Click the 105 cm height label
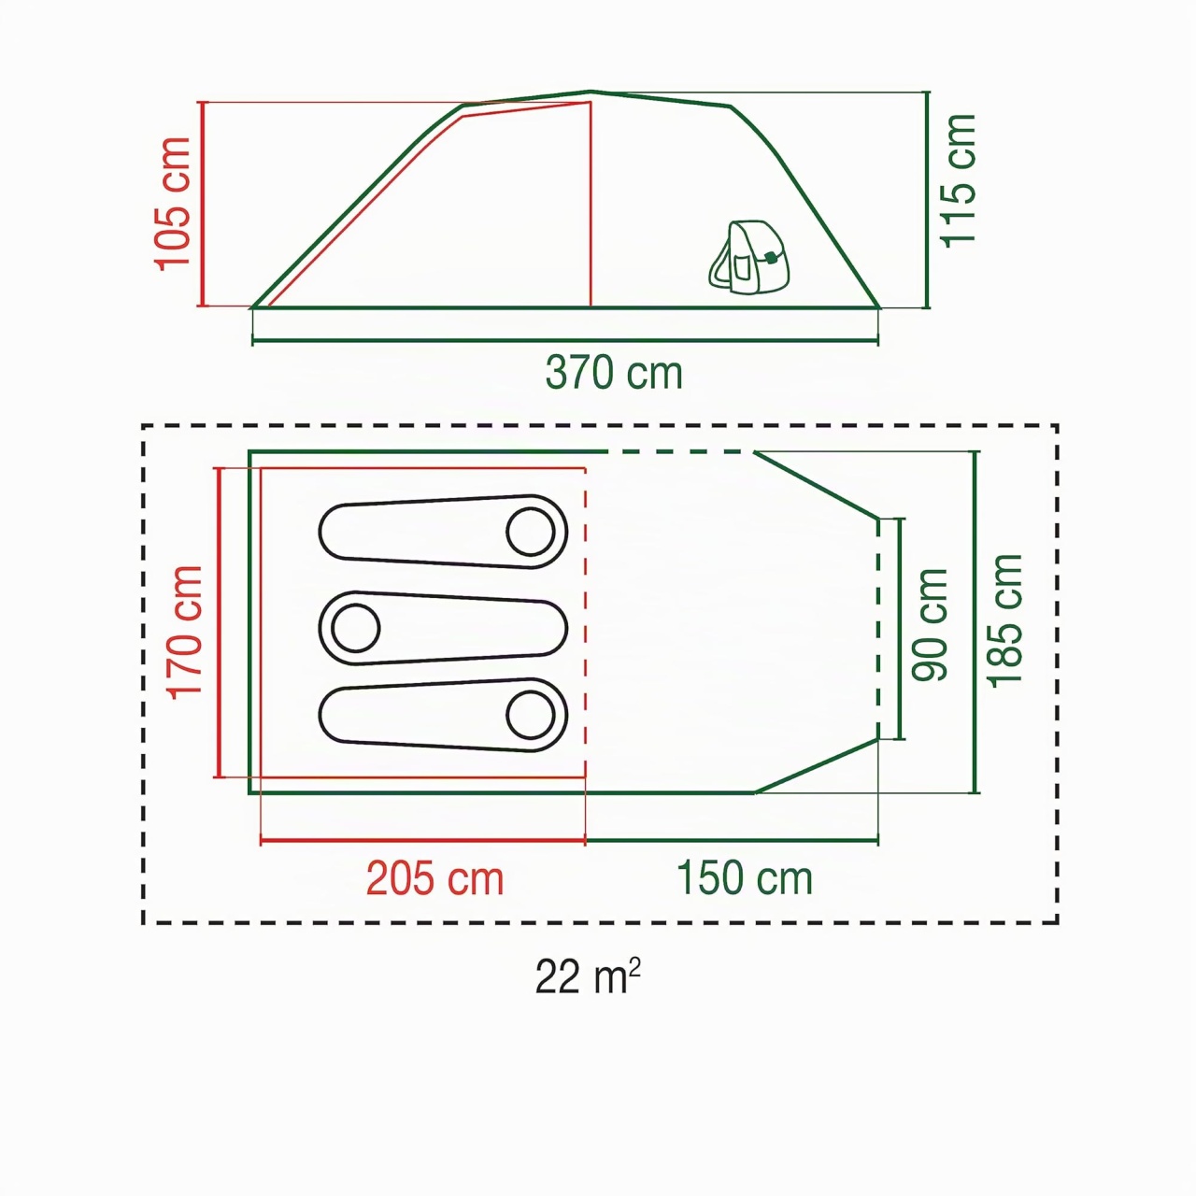(x=173, y=205)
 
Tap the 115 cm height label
(x=959, y=180)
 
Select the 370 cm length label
(x=614, y=373)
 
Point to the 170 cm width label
(x=186, y=633)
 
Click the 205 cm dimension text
(x=434, y=879)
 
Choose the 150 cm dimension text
(x=744, y=878)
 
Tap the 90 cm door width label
(x=929, y=625)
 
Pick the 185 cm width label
(x=1004, y=620)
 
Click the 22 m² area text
(x=587, y=977)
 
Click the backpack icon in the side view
(x=749, y=257)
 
